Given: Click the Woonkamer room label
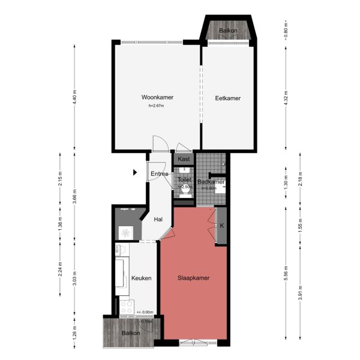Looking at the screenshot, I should tap(153, 97).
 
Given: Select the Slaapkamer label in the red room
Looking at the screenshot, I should tap(193, 278).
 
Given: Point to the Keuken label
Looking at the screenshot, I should tap(141, 278).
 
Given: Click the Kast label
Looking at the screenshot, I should tap(184, 160).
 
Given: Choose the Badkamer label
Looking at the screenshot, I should tap(211, 181).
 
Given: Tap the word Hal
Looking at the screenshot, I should tap(158, 220).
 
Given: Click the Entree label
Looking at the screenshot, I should tap(160, 174).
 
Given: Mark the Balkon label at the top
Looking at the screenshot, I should tap(227, 30).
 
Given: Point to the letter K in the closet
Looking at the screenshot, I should tap(221, 226).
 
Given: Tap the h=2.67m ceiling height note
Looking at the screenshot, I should tap(156, 106).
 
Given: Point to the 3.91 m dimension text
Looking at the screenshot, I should tap(301, 292).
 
